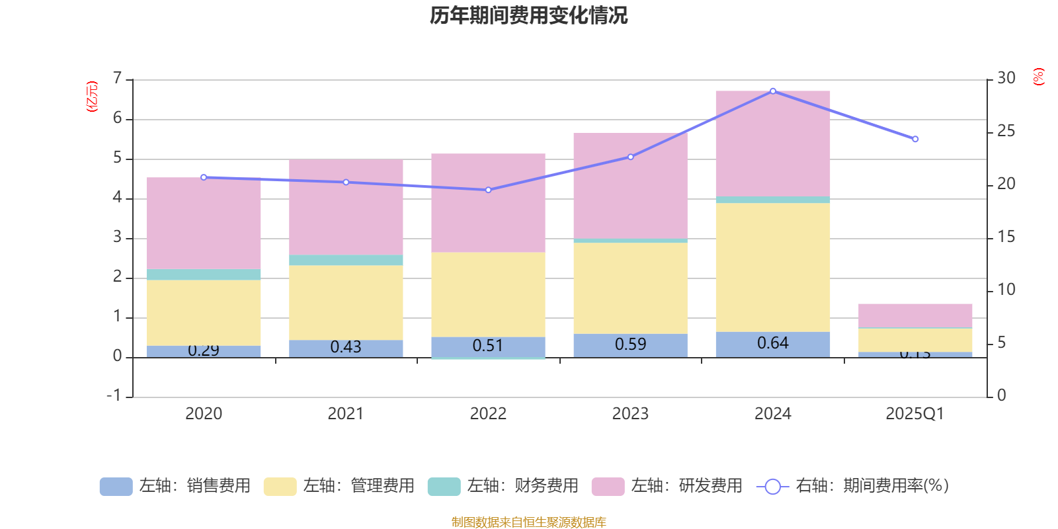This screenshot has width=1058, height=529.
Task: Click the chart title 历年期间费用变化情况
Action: pos(528,15)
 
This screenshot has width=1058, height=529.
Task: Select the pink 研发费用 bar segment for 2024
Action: pos(772,143)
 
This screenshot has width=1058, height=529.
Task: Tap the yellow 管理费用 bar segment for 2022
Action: pos(488,294)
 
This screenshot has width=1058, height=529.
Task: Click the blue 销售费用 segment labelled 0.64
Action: pos(772,343)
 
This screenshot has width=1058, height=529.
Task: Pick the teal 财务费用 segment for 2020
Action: pos(204,274)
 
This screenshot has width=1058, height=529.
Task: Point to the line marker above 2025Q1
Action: pos(915,139)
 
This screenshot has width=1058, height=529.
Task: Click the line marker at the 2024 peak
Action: pos(773,91)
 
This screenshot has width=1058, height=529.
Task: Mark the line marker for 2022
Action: pos(488,190)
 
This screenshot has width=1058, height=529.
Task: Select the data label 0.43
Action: pos(346,347)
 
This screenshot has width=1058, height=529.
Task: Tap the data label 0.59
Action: pos(630,345)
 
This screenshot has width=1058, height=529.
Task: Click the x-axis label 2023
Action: pos(630,414)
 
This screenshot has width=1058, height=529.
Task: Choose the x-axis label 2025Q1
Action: pos(915,414)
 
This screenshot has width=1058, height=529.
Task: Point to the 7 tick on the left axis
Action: pos(118,78)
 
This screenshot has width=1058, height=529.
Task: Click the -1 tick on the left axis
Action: pos(114,395)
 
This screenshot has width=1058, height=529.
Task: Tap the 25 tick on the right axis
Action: pos(1006,131)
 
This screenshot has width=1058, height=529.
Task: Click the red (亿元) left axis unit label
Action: pos(92,97)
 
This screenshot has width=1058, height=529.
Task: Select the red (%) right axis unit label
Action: pos(1038,77)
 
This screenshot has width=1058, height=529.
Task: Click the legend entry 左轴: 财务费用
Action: pos(503,486)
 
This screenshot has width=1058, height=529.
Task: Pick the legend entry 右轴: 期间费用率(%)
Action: pos(853,486)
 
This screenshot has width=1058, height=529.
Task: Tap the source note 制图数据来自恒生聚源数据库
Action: pos(528,522)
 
